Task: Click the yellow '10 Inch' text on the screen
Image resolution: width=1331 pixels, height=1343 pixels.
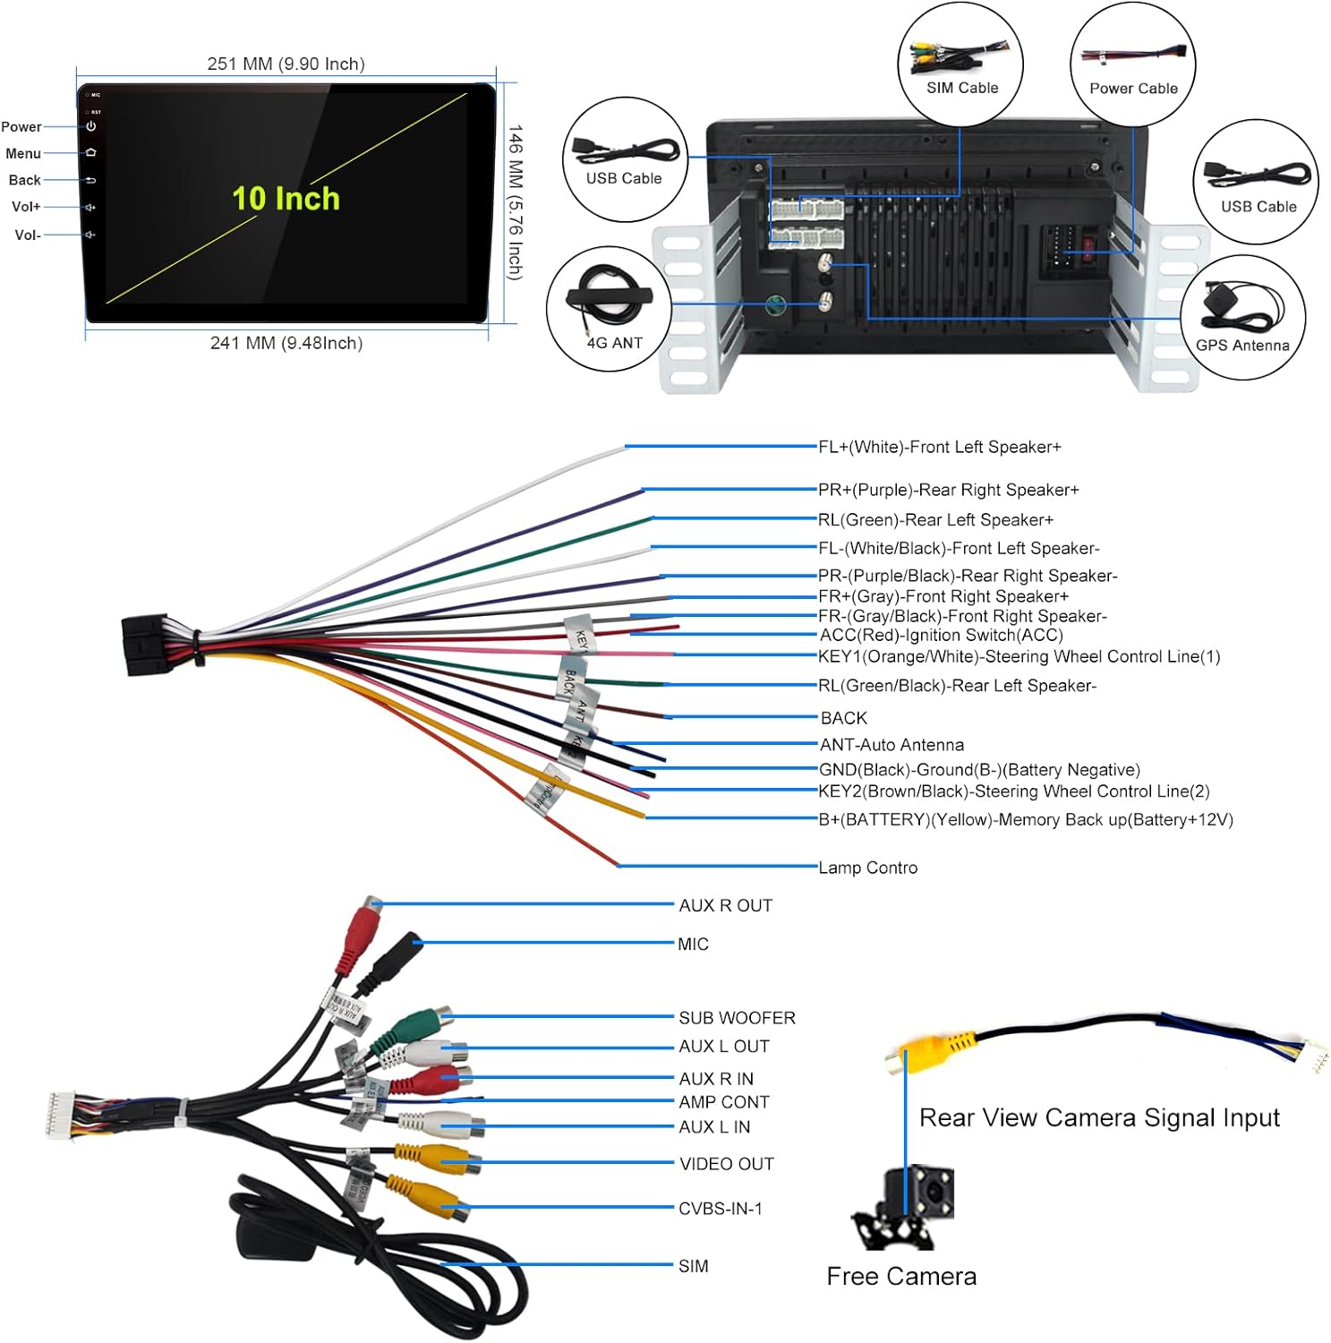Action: tap(286, 198)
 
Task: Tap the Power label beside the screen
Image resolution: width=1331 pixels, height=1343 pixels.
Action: tap(21, 127)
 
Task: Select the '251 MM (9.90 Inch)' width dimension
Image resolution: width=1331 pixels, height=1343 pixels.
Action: tap(286, 64)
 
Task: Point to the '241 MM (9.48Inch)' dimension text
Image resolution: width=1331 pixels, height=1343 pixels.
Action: tap(286, 343)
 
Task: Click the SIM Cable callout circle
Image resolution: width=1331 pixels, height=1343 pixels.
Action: tap(960, 64)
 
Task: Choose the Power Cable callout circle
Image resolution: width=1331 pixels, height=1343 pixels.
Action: tap(1132, 64)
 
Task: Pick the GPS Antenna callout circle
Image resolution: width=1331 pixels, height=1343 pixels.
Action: tap(1242, 318)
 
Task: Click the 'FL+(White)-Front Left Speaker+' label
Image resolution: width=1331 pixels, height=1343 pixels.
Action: tap(939, 447)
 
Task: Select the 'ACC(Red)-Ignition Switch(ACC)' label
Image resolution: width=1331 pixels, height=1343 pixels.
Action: tap(941, 635)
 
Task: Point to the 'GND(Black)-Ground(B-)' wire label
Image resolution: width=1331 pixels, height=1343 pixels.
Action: tap(979, 769)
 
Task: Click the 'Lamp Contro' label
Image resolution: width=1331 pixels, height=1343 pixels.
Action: tap(867, 868)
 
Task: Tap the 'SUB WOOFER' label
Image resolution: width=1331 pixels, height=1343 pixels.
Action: tap(737, 1018)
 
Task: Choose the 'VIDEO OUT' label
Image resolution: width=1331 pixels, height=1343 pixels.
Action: tap(726, 1164)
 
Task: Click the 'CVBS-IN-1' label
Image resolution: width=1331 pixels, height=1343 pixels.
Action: tap(720, 1209)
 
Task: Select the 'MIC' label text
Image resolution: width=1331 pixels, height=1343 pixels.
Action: tap(693, 945)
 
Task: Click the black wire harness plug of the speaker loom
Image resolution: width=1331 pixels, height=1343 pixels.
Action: tap(148, 645)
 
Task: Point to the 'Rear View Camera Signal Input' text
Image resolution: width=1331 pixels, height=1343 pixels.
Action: tap(1099, 1117)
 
